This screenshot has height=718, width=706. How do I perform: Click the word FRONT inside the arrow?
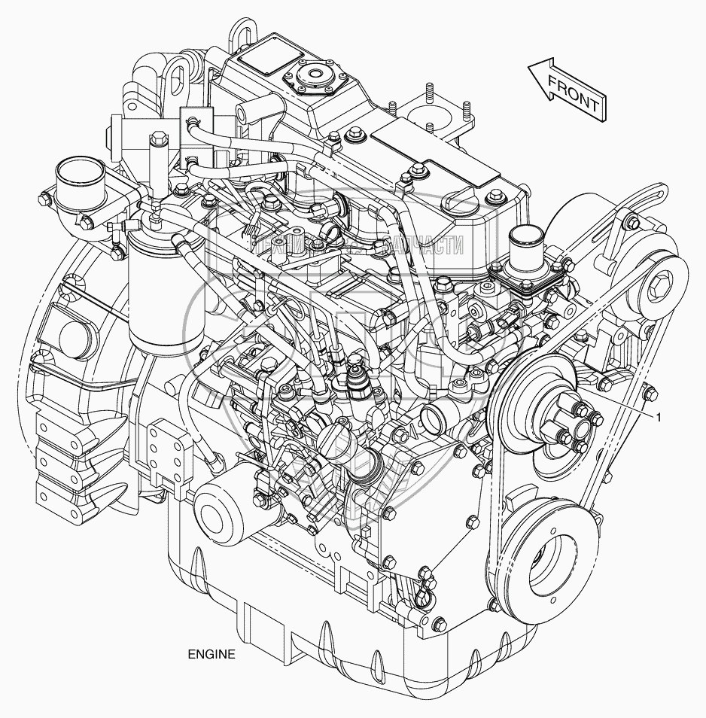pos(574,93)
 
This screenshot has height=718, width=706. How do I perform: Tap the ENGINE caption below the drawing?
pos(211,654)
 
